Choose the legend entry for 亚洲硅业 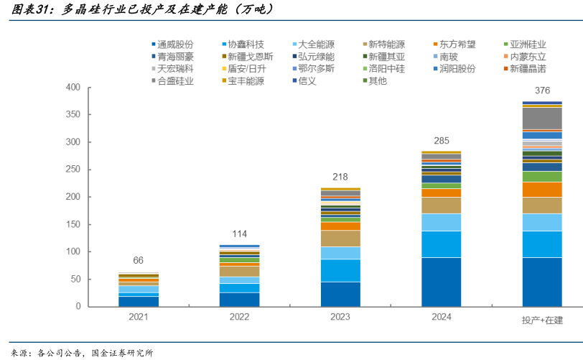(x=528, y=44)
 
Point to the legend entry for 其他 (x=377, y=80)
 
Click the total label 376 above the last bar (x=542, y=91)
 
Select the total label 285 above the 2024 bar (x=440, y=140)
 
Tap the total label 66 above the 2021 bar (x=139, y=260)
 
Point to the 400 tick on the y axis (x=73, y=88)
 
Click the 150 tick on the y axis (x=73, y=224)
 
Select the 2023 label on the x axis (x=340, y=318)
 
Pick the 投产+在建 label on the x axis (x=542, y=319)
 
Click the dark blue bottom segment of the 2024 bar (x=440, y=282)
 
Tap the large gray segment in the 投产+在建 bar (x=542, y=117)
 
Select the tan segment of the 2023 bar (x=340, y=238)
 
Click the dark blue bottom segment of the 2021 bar (x=139, y=301)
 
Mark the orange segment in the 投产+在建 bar (x=542, y=189)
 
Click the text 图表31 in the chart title (x=30, y=10)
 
